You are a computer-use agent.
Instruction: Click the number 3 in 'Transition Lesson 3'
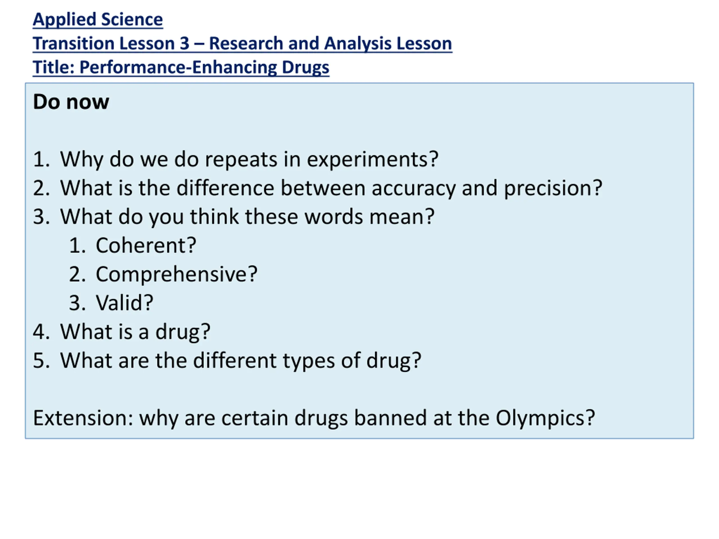(184, 43)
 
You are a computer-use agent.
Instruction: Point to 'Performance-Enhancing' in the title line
(178, 68)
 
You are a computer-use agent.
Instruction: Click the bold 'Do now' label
(71, 102)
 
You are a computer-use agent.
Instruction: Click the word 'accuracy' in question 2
(413, 189)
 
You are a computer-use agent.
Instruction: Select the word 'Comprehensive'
(172, 275)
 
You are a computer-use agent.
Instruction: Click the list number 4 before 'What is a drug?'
(39, 332)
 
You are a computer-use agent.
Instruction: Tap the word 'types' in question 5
(309, 361)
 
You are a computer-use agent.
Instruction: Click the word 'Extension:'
(83, 418)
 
